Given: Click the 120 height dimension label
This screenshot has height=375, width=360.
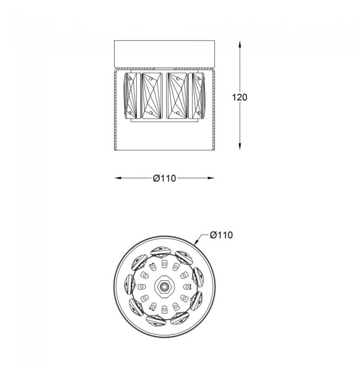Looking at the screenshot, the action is point(240,97).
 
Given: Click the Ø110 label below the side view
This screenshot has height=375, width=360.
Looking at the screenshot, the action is point(164,178).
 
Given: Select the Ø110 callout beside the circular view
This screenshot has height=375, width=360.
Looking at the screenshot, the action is point(222,235).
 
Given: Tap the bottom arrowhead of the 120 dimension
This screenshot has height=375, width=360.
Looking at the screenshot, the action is point(240,146).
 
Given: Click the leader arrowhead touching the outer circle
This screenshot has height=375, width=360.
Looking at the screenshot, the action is point(197,241).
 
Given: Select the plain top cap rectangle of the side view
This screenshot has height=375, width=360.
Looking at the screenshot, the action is point(164,54).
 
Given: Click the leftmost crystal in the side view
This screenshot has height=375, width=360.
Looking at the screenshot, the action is point(130,96).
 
